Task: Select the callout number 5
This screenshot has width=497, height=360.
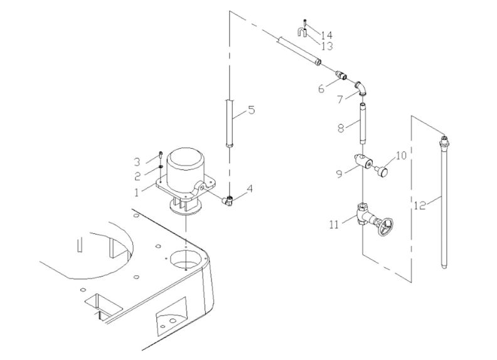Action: click(x=251, y=112)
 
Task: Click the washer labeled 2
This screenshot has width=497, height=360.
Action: click(x=161, y=166)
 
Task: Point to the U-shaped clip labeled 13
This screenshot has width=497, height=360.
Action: click(x=304, y=32)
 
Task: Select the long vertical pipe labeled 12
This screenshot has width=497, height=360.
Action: click(x=444, y=201)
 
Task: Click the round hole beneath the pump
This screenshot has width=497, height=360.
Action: click(x=186, y=256)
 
